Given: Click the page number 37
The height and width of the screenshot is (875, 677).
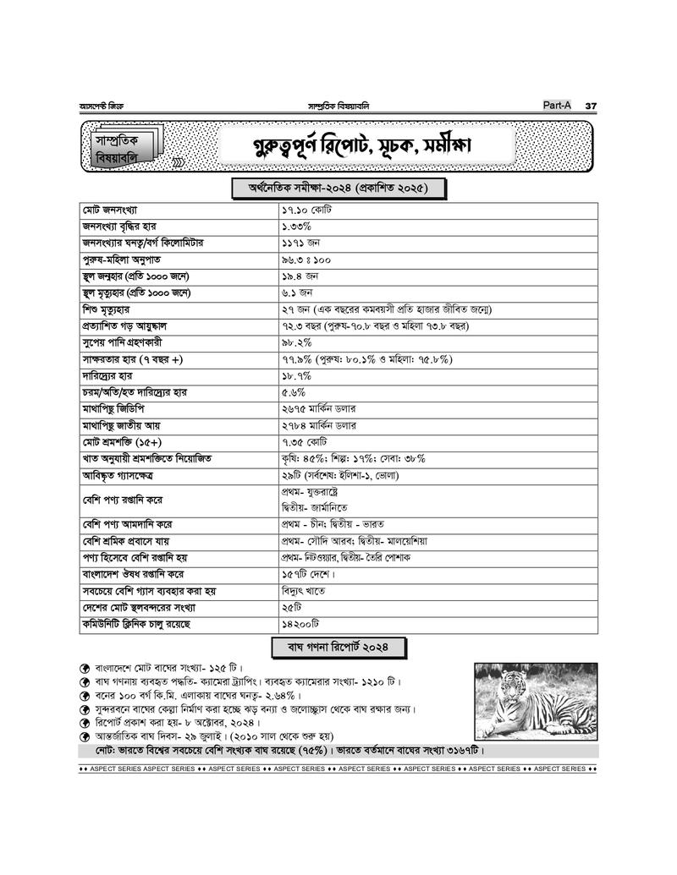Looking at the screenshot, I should pos(591,105).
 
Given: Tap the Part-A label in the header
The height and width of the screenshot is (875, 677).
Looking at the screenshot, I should pos(558,105).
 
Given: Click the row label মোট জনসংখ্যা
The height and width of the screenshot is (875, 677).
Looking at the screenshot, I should pos(110,209).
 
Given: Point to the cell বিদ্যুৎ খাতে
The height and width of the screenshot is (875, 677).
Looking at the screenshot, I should pos(303,591).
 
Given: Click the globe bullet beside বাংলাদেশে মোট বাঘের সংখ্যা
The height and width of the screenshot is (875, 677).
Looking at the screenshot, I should pos(85,667).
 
